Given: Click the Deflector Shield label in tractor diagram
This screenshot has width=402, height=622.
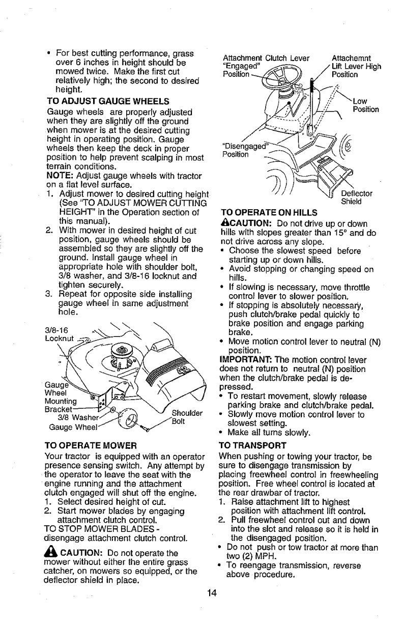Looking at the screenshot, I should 356,197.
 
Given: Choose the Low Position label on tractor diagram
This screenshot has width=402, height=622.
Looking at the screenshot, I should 365,104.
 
